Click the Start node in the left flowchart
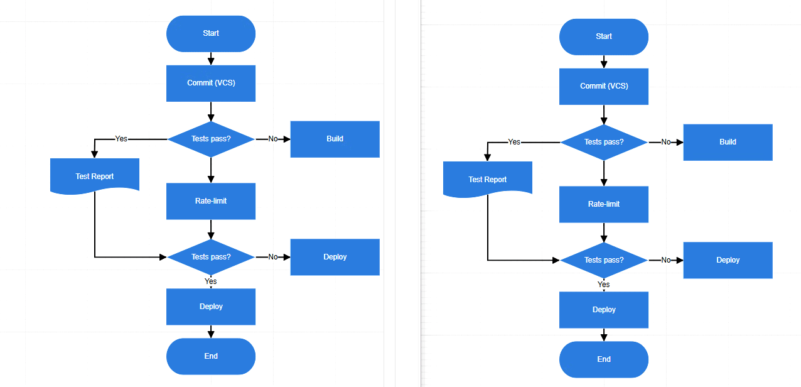(x=211, y=34)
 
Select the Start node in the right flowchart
(x=604, y=37)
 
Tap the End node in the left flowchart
(x=211, y=356)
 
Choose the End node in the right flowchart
(x=604, y=359)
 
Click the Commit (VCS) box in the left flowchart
(x=211, y=83)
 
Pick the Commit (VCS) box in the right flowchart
(x=604, y=86)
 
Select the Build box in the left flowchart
(x=335, y=139)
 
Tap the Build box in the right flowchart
(x=728, y=142)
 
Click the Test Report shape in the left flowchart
(x=94, y=175)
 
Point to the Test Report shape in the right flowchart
(x=487, y=178)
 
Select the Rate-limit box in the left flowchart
(x=211, y=201)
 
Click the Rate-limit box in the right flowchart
(x=604, y=204)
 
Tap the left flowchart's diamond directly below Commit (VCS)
(x=211, y=139)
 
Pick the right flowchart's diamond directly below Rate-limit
(x=604, y=260)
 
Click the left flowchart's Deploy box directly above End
(x=211, y=307)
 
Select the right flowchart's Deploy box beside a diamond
(x=728, y=260)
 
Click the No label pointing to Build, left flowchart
(x=273, y=139)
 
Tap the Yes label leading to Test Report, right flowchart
(x=514, y=142)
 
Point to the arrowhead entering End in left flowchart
(x=211, y=334)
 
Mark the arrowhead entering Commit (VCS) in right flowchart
(x=604, y=64)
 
